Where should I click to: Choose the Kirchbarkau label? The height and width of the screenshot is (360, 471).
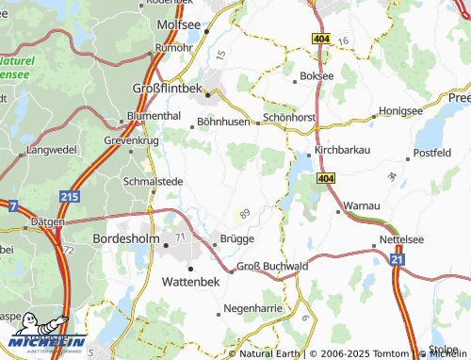pos(345,149)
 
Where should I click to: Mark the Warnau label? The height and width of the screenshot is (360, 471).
pos(362,204)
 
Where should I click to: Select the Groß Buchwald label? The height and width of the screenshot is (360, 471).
pos(273,267)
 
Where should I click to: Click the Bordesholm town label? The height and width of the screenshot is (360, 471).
pos(129,240)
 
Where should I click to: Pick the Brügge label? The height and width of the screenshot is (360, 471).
pos(237,239)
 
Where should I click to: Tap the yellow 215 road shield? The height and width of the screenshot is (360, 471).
pos(69,197)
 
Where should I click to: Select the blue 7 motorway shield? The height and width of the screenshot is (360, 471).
pos(12,205)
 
